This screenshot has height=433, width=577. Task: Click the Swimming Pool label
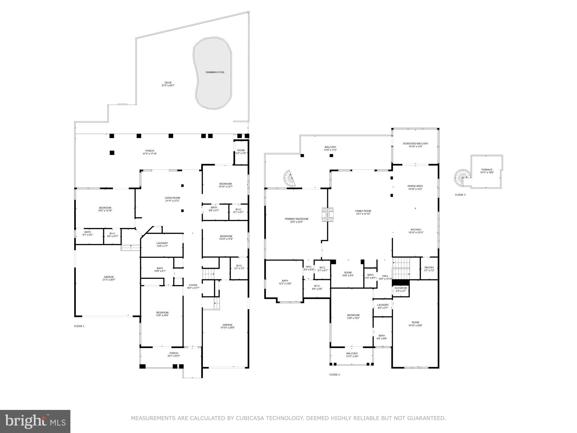[x=215, y=72]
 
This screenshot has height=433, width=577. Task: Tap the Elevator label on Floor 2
[x=401, y=288]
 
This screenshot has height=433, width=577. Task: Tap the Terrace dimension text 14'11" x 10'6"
[x=487, y=173]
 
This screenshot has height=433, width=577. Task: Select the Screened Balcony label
[x=415, y=143]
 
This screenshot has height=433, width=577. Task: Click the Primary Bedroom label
[x=296, y=219]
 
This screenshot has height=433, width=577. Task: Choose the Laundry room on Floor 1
[x=162, y=245]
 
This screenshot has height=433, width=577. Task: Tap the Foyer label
[x=193, y=285]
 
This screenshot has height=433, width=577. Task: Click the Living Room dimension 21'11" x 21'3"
[x=172, y=201]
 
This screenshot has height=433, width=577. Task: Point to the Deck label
[x=168, y=83]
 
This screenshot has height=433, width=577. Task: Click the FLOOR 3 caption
[x=460, y=195]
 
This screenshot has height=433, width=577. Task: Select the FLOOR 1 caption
[x=79, y=326]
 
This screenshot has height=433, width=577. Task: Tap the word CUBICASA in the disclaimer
[x=250, y=418]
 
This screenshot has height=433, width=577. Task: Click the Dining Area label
[x=415, y=186]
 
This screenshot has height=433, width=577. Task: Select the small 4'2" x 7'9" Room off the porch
[x=241, y=152]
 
